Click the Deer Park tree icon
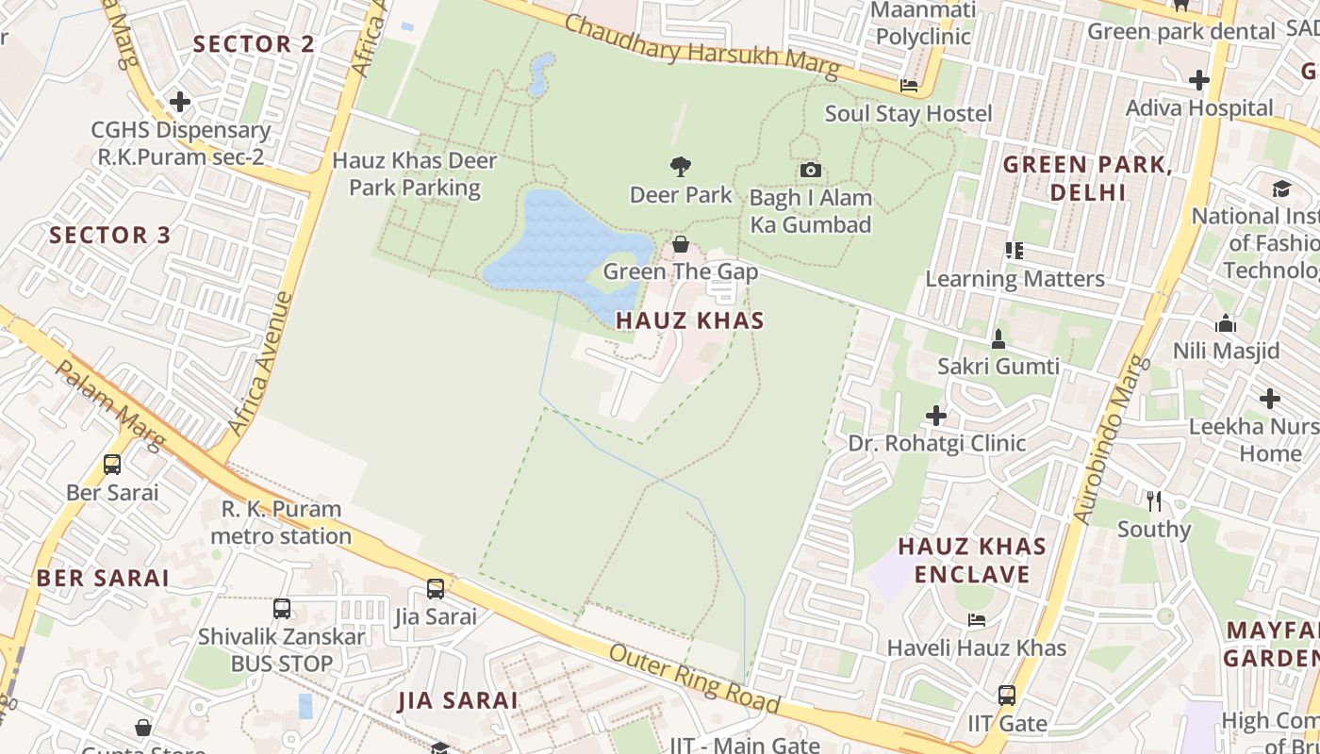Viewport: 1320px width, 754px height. [680, 168]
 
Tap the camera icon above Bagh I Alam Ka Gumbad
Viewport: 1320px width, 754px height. [810, 171]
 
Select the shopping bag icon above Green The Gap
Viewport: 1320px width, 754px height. [680, 245]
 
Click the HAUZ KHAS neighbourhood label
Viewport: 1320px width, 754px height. [689, 320]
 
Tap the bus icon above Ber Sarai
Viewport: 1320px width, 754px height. [112, 465]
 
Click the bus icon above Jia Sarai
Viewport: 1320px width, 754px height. [435, 589]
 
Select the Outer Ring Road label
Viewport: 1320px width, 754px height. [695, 679]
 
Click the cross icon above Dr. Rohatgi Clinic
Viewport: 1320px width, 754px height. [935, 415]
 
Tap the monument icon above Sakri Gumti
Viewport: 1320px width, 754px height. [998, 338]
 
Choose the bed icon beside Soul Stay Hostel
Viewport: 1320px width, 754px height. [909, 86]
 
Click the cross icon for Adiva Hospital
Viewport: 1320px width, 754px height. [1198, 80]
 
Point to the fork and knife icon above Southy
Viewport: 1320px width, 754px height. [1153, 500]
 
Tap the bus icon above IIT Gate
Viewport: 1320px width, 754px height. [1007, 696]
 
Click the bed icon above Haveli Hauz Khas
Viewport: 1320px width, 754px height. [977, 620]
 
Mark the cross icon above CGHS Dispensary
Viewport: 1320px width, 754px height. [179, 102]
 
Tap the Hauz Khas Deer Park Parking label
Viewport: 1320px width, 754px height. [414, 174]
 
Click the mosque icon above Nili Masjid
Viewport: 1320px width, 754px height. [1226, 324]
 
